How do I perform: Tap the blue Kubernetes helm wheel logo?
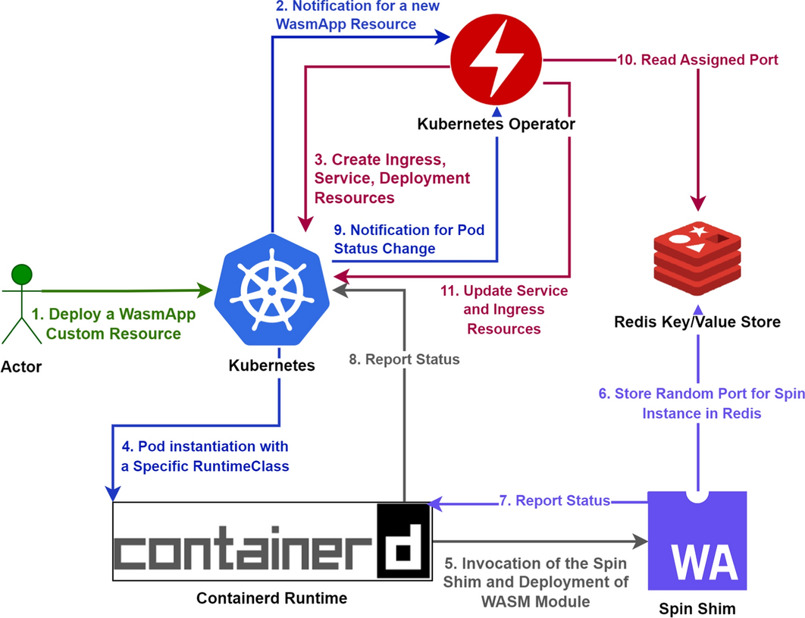pyautogui.click(x=271, y=290)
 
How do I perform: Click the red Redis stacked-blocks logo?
pyautogui.click(x=696, y=257)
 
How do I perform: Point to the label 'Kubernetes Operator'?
pyautogui.click(x=497, y=124)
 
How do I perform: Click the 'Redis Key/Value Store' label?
pyautogui.click(x=697, y=322)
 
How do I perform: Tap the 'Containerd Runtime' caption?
pyautogui.click(x=271, y=598)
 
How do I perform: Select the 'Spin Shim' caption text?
pyautogui.click(x=697, y=609)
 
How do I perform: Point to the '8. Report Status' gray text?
pyautogui.click(x=404, y=359)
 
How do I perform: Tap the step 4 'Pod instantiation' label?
pyautogui.click(x=200, y=456)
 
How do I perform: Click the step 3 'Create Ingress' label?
pyautogui.click(x=392, y=179)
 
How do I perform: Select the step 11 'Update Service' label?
pyautogui.click(x=504, y=309)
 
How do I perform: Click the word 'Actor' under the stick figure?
pyautogui.click(x=21, y=368)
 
